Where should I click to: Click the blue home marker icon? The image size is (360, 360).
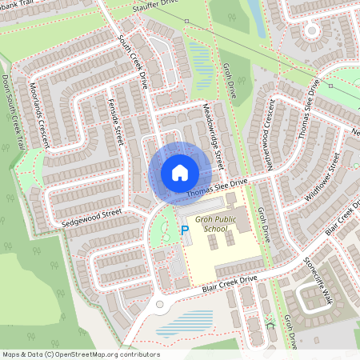point(180,172)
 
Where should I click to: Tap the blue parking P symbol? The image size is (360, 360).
point(185,230)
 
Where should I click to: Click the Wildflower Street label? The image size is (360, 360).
point(323,176)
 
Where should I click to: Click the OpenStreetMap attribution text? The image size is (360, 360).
point(80,354)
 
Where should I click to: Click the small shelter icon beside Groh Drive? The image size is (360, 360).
point(269,323)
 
